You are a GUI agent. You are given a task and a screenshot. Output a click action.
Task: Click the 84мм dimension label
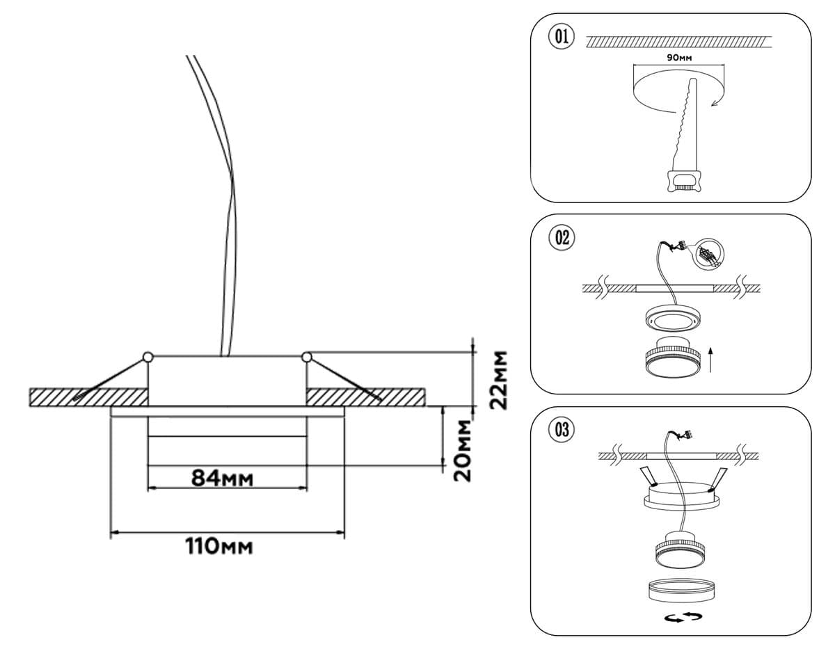222,479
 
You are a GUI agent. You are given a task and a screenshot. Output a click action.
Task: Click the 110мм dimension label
219,546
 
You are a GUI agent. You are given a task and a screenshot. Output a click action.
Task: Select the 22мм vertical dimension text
498,380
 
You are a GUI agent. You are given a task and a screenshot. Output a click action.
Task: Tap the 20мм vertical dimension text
462,451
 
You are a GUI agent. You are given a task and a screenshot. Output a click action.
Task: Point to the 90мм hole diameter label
679,58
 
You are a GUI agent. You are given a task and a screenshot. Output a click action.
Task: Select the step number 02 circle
562,238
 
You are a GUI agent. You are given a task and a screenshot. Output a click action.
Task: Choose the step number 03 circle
562,430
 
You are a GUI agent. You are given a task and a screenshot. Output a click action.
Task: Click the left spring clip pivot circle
148,357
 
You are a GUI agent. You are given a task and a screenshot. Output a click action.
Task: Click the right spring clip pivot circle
306,357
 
